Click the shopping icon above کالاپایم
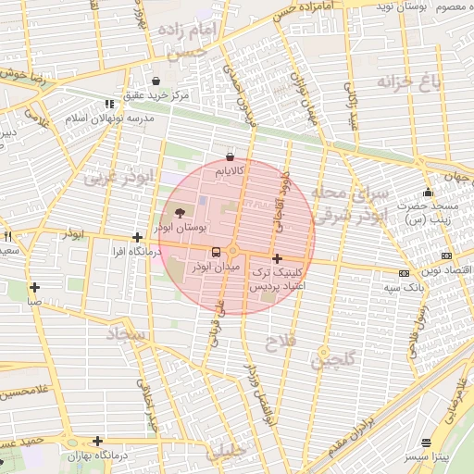click(x=230, y=156)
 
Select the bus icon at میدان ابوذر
click(x=216, y=251)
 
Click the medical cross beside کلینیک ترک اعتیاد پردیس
click(x=277, y=256)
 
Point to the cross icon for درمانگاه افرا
click(x=137, y=238)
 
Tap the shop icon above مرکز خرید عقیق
click(x=156, y=81)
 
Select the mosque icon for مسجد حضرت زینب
click(x=427, y=192)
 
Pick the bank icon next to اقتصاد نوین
click(x=447, y=256)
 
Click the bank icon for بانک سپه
click(x=403, y=273)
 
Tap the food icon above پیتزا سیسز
click(x=426, y=443)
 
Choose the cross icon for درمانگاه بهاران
click(x=97, y=441)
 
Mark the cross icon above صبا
click(x=34, y=287)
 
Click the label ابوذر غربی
click(x=130, y=179)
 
